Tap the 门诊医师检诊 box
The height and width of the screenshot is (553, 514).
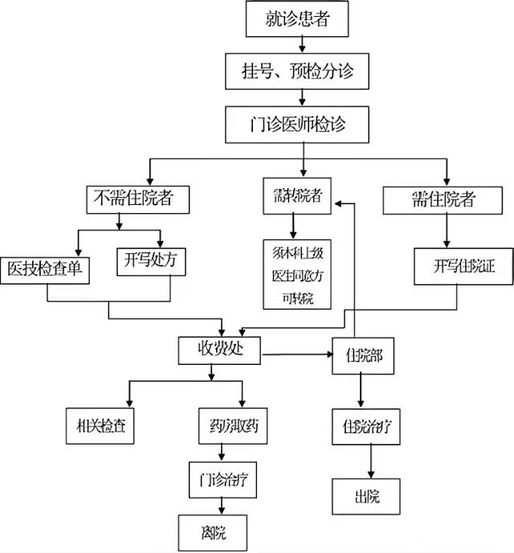click(x=298, y=125)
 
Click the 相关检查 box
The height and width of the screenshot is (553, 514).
click(x=99, y=426)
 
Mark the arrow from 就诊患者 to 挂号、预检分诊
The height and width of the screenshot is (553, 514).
click(x=300, y=47)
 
